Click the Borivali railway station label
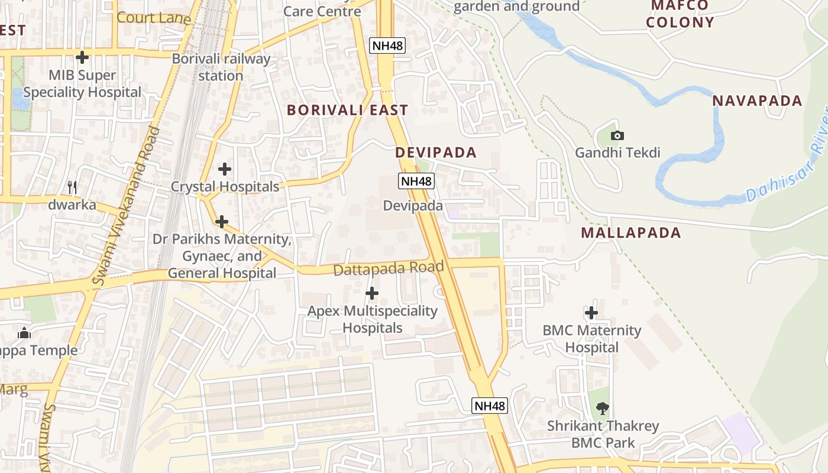click(221, 67)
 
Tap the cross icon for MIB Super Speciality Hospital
click(82, 57)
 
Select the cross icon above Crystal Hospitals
click(225, 169)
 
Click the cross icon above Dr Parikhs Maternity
click(222, 222)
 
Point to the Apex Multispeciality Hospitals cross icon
click(372, 293)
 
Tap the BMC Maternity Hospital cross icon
click(591, 313)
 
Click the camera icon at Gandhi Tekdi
click(617, 135)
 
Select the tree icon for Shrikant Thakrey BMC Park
click(603, 407)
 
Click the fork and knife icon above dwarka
click(72, 187)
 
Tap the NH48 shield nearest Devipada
click(416, 181)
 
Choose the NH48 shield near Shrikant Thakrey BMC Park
click(490, 406)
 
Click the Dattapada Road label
click(389, 268)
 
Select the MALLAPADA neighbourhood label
click(630, 232)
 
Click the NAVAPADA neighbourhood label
click(757, 101)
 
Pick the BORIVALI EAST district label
click(347, 110)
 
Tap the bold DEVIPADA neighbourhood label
click(436, 153)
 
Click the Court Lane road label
click(154, 18)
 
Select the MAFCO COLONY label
click(680, 14)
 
